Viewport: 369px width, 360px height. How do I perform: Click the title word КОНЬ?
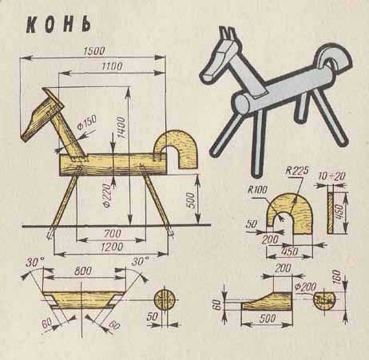pos(58,26)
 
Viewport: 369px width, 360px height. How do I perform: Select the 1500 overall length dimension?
pos(94,51)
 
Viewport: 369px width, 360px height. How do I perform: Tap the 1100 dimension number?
pos(112,66)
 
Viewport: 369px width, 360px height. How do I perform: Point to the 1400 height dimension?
pos(121,127)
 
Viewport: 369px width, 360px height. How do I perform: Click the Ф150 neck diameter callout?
pos(87,122)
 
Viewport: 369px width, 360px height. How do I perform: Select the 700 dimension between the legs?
pos(113,234)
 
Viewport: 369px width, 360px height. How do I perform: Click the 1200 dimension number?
pos(112,247)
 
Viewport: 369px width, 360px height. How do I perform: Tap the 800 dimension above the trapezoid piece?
pos(83,271)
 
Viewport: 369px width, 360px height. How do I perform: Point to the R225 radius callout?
pos(297,170)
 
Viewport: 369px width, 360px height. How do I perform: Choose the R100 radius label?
pos(257,190)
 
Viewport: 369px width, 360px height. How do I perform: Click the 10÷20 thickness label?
pos(332,176)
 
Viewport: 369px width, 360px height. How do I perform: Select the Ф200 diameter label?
pos(306,287)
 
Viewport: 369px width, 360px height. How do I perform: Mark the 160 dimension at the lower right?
pos(336,277)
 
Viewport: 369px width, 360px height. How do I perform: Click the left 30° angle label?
pos(35,262)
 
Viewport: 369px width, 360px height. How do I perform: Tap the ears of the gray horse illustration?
pos(227,34)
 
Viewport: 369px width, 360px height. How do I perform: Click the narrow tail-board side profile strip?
pos(330,213)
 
